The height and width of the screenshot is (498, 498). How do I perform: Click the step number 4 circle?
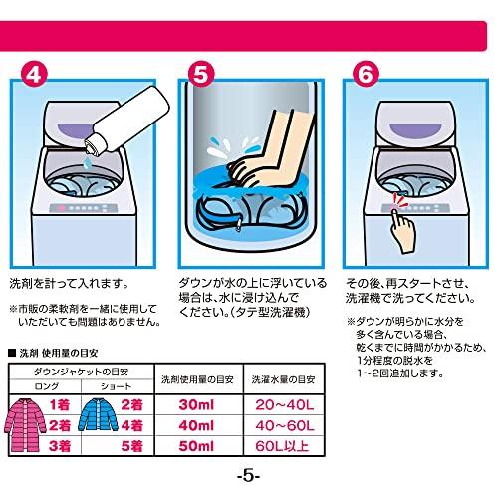tap(34, 75)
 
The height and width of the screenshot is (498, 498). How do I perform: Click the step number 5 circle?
tap(201, 75)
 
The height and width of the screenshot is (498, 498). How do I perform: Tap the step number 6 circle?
tap(366, 75)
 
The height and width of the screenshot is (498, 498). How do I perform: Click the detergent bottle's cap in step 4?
tap(92, 145)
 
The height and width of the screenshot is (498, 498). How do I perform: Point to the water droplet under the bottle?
tap(87, 162)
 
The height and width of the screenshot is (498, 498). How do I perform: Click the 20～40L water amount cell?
tap(284, 405)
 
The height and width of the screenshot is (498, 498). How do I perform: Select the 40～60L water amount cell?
tap(284, 425)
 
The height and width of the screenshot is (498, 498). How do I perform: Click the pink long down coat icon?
tap(25, 426)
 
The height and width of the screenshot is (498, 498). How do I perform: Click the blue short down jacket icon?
tap(98, 414)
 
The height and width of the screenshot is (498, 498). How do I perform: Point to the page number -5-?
tap(248, 477)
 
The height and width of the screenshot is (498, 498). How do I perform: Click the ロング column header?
tap(46, 386)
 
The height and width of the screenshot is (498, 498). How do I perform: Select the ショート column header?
tap(116, 386)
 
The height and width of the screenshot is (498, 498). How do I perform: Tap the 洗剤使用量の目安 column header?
tap(197, 379)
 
